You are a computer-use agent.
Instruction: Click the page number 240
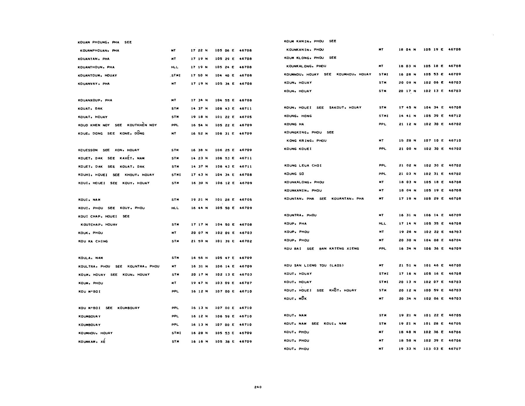point(258,387)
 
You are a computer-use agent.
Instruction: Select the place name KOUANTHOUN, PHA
point(96,67)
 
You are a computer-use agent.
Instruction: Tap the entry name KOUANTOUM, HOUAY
point(97,76)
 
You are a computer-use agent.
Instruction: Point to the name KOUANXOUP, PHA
point(95,100)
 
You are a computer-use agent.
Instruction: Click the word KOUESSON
point(88,150)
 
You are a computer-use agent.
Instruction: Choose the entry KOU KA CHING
point(93,241)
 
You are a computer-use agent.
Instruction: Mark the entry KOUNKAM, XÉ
point(92,342)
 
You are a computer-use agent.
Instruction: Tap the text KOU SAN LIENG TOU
point(305,265)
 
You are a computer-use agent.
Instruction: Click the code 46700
point(455,265)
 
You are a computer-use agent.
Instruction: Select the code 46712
point(455,116)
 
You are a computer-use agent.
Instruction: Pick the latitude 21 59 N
point(199,241)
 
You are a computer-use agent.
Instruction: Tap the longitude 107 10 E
point(434,141)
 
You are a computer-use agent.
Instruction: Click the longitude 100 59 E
point(434,290)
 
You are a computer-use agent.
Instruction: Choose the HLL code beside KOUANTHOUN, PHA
point(175,67)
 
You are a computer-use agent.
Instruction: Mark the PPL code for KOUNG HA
point(382,124)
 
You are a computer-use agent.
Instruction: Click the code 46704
point(455,240)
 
